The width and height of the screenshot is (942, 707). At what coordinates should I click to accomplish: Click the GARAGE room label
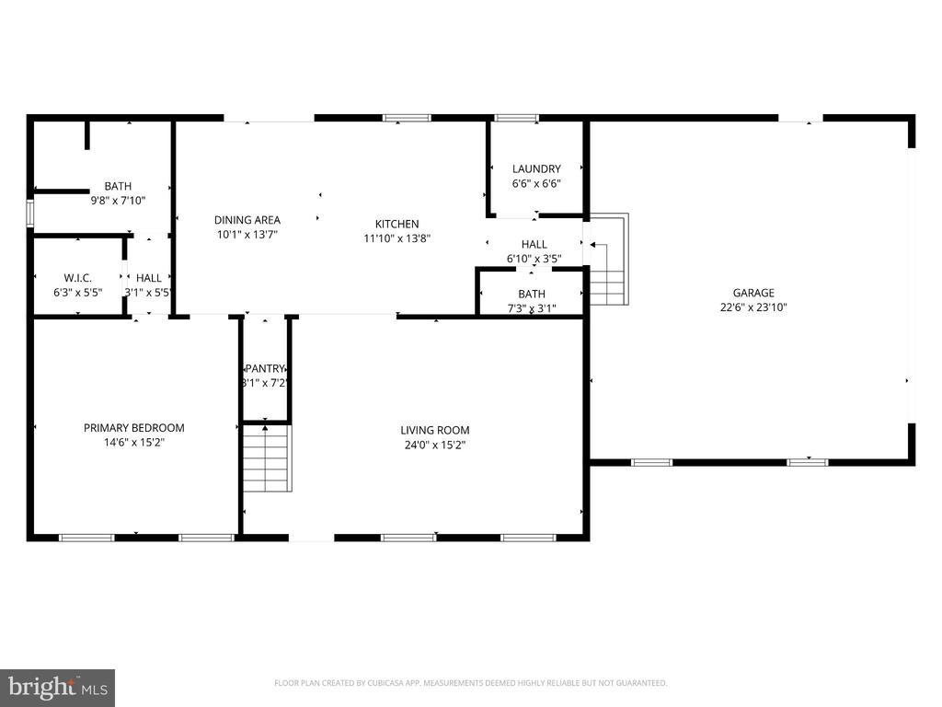tap(752, 293)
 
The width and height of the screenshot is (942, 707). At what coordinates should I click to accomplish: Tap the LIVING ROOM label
tap(434, 430)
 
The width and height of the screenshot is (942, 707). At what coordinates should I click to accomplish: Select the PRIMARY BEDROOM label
tap(133, 427)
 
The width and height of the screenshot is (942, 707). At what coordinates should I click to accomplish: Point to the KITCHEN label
tap(396, 224)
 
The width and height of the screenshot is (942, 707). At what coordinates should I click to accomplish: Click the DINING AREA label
tap(247, 220)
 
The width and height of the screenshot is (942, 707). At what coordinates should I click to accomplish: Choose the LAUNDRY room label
tap(536, 168)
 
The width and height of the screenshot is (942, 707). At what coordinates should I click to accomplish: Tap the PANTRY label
tap(265, 369)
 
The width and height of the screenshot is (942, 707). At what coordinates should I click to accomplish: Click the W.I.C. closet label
tap(77, 278)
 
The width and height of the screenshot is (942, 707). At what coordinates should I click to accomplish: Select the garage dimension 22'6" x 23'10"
tap(752, 307)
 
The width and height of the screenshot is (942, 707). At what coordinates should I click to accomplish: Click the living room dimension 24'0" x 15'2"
tap(434, 445)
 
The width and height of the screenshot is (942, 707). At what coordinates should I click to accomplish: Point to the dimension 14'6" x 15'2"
tap(133, 442)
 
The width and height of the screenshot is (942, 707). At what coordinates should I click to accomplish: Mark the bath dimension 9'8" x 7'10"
tap(118, 200)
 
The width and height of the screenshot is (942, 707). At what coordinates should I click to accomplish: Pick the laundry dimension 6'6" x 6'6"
tap(536, 183)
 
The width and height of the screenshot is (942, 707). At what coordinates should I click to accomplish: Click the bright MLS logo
tap(57, 687)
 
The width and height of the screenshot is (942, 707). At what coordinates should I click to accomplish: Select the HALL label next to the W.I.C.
tap(149, 278)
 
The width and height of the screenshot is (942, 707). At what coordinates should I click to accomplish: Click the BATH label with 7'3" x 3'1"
tap(531, 295)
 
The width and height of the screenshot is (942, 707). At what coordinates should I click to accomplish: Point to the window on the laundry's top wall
tap(516, 118)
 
